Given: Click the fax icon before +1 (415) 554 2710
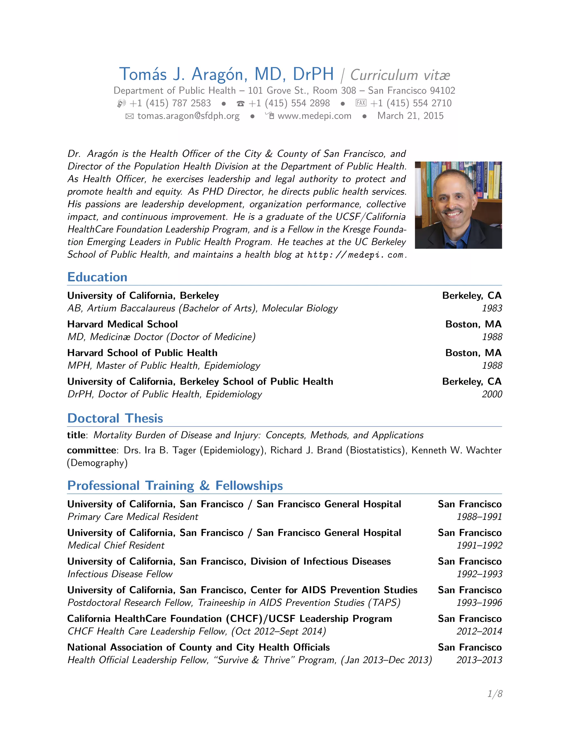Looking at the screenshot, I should [x=361, y=103].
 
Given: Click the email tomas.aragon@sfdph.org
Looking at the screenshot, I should [x=188, y=116].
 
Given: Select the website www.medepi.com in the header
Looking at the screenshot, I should [x=314, y=116].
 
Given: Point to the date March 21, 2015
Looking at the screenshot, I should [x=410, y=116].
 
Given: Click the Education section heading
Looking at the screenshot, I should [x=98, y=277].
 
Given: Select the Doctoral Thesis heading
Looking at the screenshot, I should [x=115, y=418].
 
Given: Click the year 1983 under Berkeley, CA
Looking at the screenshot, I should [x=492, y=308].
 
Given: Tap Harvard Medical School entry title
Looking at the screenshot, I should [x=122, y=324].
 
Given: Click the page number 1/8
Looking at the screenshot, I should [x=495, y=694].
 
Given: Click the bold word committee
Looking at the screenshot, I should [x=91, y=450].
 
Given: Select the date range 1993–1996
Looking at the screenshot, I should [x=479, y=603].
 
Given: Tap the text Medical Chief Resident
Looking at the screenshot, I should [x=116, y=545].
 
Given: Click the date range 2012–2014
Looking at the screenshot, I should [x=479, y=631].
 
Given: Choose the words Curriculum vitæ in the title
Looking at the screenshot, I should [x=400, y=75].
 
